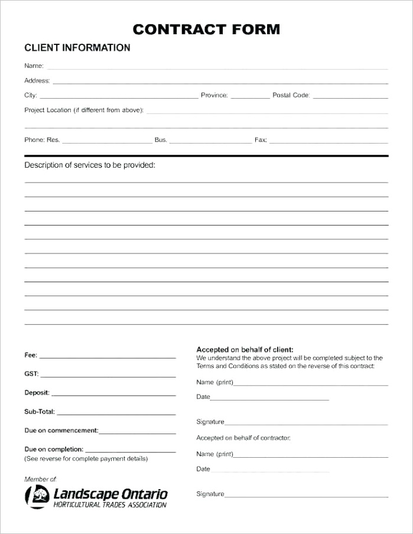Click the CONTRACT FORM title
[206, 29]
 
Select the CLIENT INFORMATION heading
[77, 48]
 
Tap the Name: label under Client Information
[34, 66]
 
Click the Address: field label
[37, 80]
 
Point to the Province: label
[214, 95]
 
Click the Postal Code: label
[291, 95]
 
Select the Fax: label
[261, 140]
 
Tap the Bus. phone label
[161, 140]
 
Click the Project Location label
[83, 110]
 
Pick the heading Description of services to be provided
[89, 165]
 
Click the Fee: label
[31, 355]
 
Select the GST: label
[31, 374]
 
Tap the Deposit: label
[37, 392]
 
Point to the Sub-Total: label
[39, 411]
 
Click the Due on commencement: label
[61, 430]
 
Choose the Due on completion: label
[54, 449]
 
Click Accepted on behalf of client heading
[245, 349]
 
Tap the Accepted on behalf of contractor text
[243, 438]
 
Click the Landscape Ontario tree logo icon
[37, 495]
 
